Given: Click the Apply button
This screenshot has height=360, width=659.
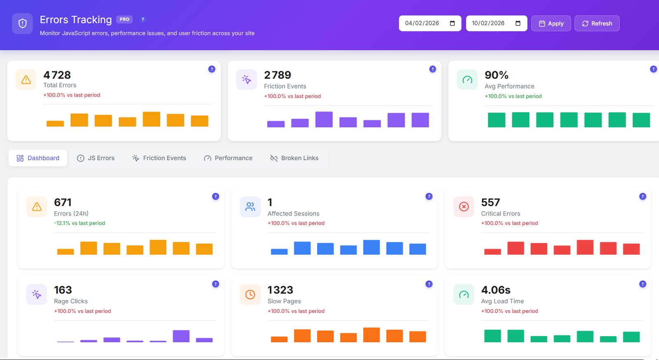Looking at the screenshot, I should coord(551,23).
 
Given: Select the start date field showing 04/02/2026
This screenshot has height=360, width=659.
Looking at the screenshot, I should coord(424,23).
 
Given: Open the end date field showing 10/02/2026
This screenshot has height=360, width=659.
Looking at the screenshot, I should coord(490,23).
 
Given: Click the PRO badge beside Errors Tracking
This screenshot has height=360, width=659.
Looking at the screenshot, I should coord(124,19).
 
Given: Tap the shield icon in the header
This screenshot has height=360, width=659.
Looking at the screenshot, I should coord(22,23).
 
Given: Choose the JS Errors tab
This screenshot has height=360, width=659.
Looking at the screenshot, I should coord(96,158).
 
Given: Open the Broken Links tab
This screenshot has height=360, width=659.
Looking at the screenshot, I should coord(294,158).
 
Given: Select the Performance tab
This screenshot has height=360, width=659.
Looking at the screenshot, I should coord(228,158).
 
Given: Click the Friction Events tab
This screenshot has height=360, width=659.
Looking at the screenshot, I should coord(159,158).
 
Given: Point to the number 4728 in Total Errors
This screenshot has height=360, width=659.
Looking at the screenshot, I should coord(57,75).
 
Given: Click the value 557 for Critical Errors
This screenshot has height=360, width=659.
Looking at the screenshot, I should coord(490,202).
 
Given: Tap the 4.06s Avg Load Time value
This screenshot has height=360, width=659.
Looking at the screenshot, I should coord(495,290).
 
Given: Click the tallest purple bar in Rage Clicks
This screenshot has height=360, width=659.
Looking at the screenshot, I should coord(181,336).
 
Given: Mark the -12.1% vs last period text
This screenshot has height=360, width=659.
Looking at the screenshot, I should coord(79,223).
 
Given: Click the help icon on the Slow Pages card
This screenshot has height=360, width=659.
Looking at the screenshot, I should coord(429,284).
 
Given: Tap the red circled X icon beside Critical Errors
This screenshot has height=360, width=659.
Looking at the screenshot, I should coord(464,207).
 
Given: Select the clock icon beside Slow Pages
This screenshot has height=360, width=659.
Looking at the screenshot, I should coord(250,295).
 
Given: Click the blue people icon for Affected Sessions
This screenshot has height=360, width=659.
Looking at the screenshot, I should coord(250,207).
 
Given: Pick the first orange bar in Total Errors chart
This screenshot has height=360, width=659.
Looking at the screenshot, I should coord(55,124).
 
